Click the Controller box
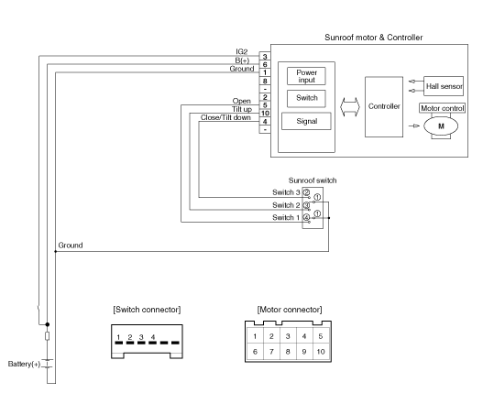pos(384,106)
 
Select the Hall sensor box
pos(444,86)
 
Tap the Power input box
pos(306,76)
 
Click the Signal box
pos(306,121)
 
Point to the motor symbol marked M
pos(441,126)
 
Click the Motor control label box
pos(443,108)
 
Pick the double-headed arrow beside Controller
pos(350,107)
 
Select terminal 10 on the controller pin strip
pos(265,113)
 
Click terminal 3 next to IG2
pos(265,56)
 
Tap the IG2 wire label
pos(242,51)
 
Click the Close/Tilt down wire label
pos(225,117)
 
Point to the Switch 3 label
pos(286,192)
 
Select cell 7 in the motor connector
pos(271,352)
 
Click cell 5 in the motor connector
pos(321,336)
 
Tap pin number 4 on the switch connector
pos(153,337)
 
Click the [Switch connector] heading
pos(147,310)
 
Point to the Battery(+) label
pos(24,364)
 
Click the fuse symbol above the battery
pos(47,336)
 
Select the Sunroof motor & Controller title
pos(373,38)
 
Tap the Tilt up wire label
pos(242,109)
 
